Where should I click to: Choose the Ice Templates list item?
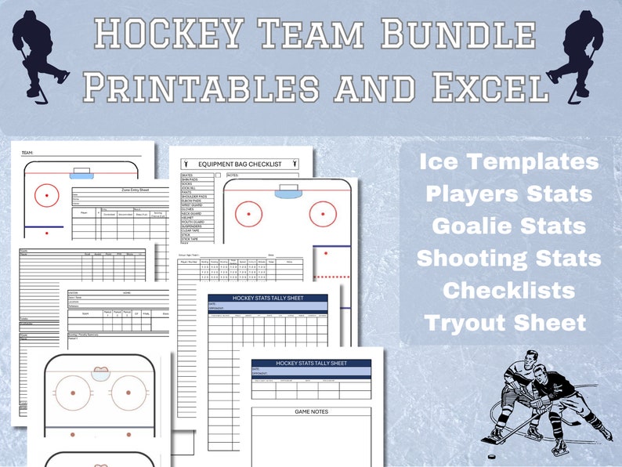tap(509, 162)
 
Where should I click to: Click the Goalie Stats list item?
tap(509, 226)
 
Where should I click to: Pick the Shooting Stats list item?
tap(509, 258)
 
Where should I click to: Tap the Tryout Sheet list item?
tap(505, 322)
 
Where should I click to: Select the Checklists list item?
tap(509, 290)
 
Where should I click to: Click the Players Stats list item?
tap(509, 194)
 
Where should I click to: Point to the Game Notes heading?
tap(311, 411)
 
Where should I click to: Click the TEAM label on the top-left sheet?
tap(27, 153)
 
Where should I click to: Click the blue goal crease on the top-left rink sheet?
tap(81, 173)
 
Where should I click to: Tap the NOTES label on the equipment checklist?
tap(233, 176)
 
